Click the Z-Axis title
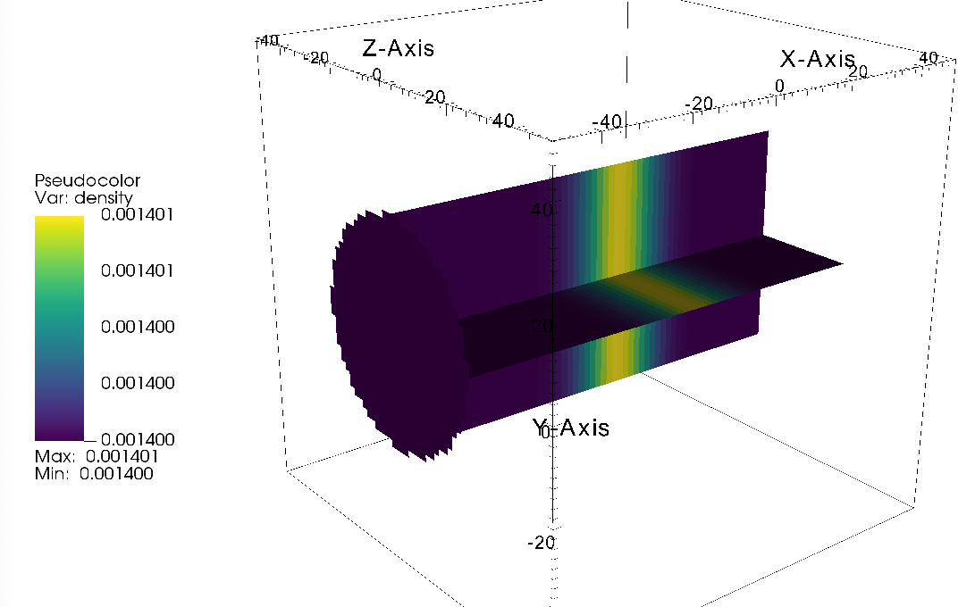[398, 48]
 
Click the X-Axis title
[818, 59]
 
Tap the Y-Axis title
[571, 428]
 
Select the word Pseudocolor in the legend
[87, 181]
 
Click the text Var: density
[84, 197]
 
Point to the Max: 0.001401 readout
[97, 456]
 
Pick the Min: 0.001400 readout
[94, 473]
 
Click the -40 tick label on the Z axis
[268, 41]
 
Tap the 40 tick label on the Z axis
[503, 121]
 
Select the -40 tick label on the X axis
[607, 121]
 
